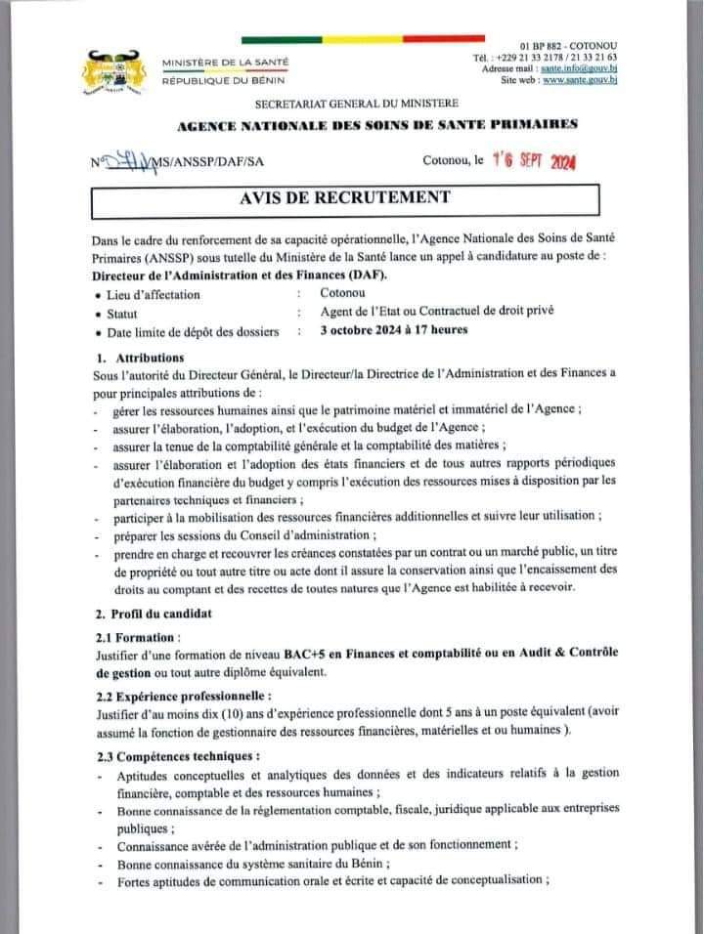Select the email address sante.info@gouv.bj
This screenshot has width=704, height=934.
coord(582,69)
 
